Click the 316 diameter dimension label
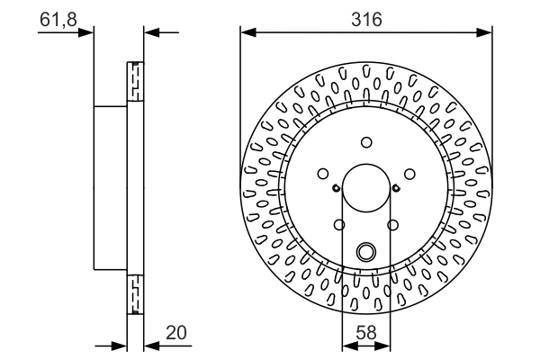[365, 18]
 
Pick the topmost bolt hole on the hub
[365, 142]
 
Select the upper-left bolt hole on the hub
[322, 175]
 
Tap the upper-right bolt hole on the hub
[409, 175]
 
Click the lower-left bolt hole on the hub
[339, 225]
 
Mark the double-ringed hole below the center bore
[365, 253]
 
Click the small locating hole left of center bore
[335, 188]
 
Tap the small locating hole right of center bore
[396, 188]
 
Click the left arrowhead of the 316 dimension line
[246, 33]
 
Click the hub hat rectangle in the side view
[112, 187]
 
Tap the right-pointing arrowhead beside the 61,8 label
[88, 33]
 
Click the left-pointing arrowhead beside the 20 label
[150, 345]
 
